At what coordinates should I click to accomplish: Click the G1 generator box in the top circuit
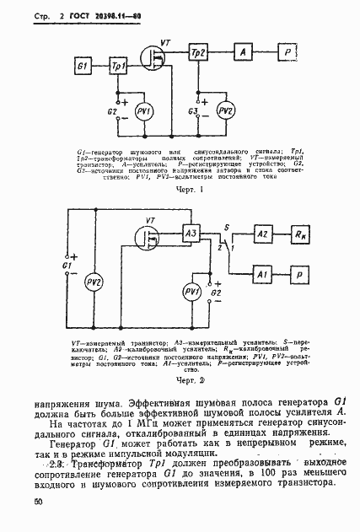click(x=82, y=65)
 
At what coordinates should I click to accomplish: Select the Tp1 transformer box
click(x=119, y=65)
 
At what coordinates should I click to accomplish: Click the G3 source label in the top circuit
click(x=192, y=110)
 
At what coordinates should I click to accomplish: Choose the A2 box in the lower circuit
click(x=262, y=234)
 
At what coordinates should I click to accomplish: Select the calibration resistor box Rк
click(x=301, y=234)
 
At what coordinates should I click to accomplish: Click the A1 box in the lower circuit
click(x=262, y=274)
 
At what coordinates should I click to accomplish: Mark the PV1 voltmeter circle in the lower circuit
click(x=191, y=292)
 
